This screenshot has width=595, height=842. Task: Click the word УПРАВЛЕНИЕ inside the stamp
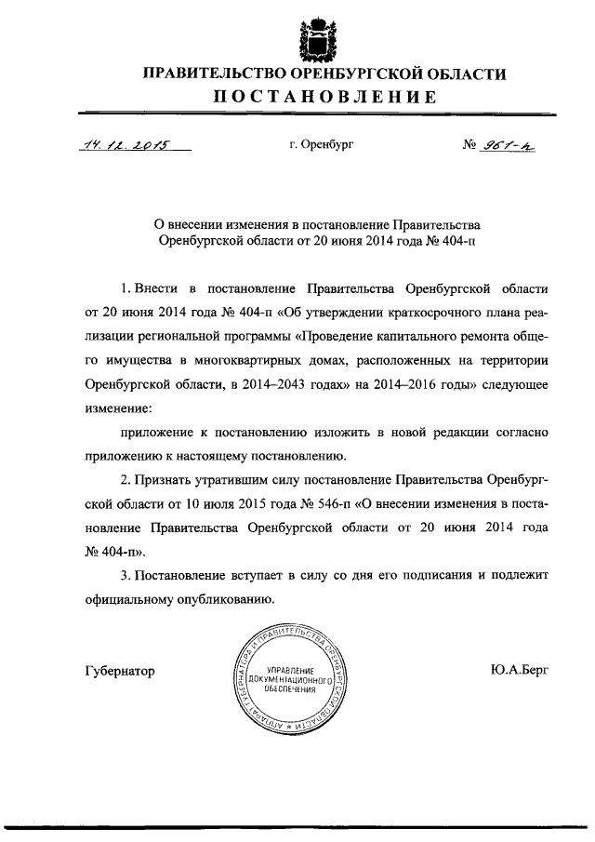[292, 671]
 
